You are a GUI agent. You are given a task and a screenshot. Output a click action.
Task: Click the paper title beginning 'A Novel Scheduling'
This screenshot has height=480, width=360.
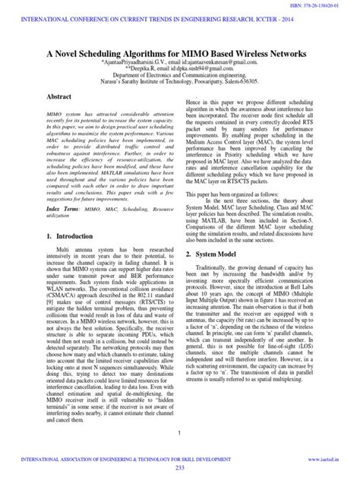(x=180, y=54)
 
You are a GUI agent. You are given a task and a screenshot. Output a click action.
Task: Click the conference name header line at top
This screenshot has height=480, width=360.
(x=179, y=17)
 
